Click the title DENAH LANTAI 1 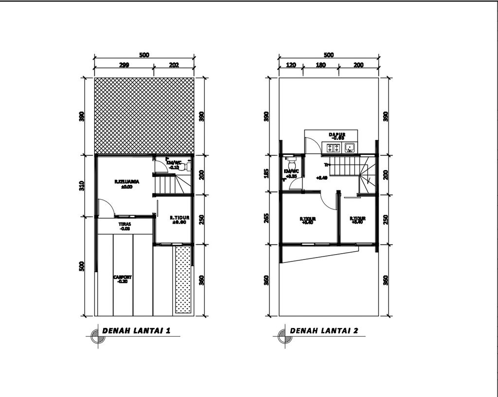(x=136, y=331)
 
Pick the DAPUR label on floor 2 (x=337, y=136)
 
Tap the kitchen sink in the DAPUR (x=350, y=147)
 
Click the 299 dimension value (x=124, y=65)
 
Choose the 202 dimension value (x=174, y=65)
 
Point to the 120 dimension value (x=291, y=65)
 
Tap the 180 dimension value (x=320, y=65)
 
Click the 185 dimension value (x=266, y=173)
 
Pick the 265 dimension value (x=266, y=218)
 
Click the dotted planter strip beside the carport (x=183, y=279)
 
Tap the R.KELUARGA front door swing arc (x=107, y=206)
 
